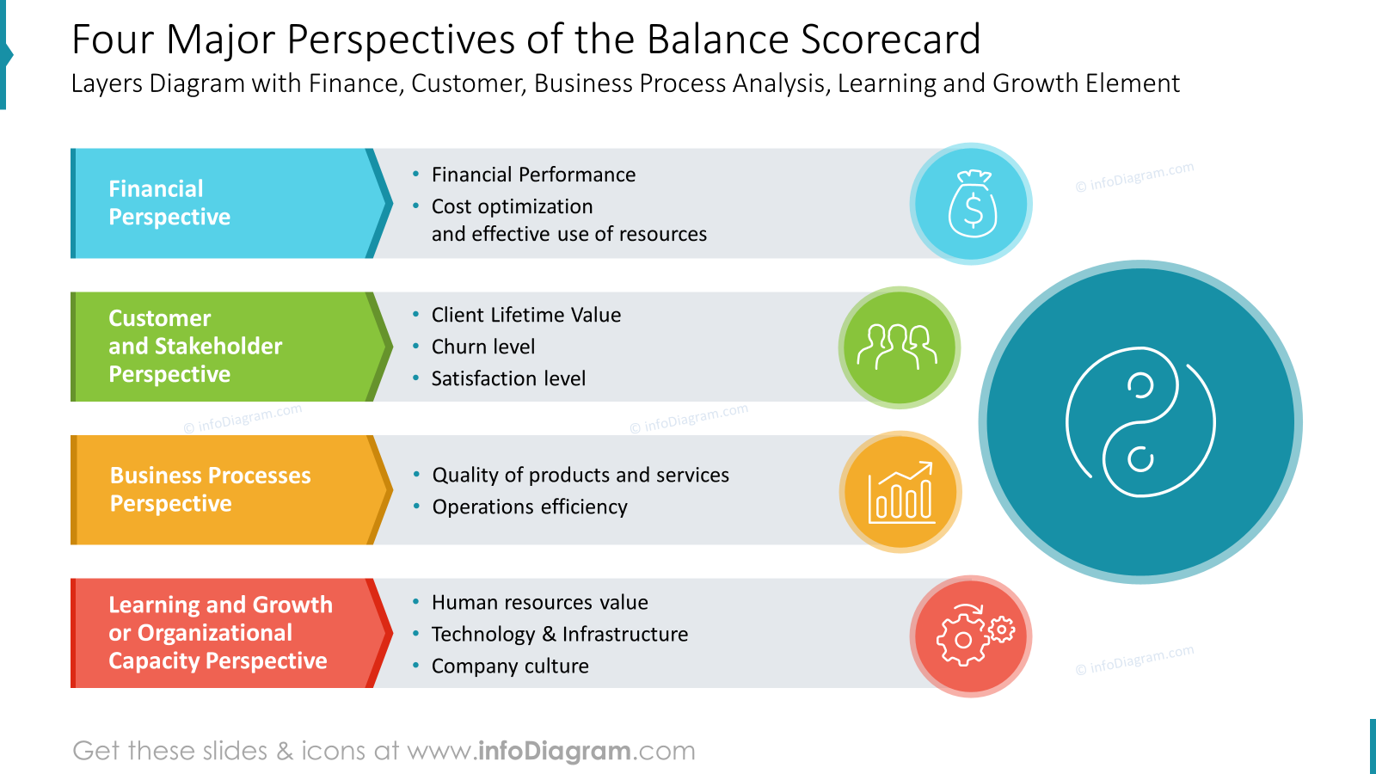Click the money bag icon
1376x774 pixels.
pos(973,203)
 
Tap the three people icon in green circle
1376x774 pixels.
pos(898,347)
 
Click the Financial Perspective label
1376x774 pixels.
pos(169,203)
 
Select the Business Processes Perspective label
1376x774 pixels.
pos(210,489)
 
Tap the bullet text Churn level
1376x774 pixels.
pos(482,347)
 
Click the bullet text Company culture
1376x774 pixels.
pos(510,666)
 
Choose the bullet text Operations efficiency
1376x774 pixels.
pos(530,507)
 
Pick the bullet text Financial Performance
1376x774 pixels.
pos(533,175)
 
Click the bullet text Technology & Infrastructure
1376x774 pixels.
pos(560,634)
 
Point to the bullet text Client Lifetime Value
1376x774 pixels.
pos(525,315)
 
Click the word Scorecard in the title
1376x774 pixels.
pos(891,40)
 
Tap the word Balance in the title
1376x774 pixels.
pos(717,40)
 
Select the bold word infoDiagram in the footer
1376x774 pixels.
pos(554,751)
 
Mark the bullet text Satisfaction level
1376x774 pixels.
pos(508,379)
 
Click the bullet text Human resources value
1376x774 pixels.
pos(539,603)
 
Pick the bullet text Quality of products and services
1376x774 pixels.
pos(580,476)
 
